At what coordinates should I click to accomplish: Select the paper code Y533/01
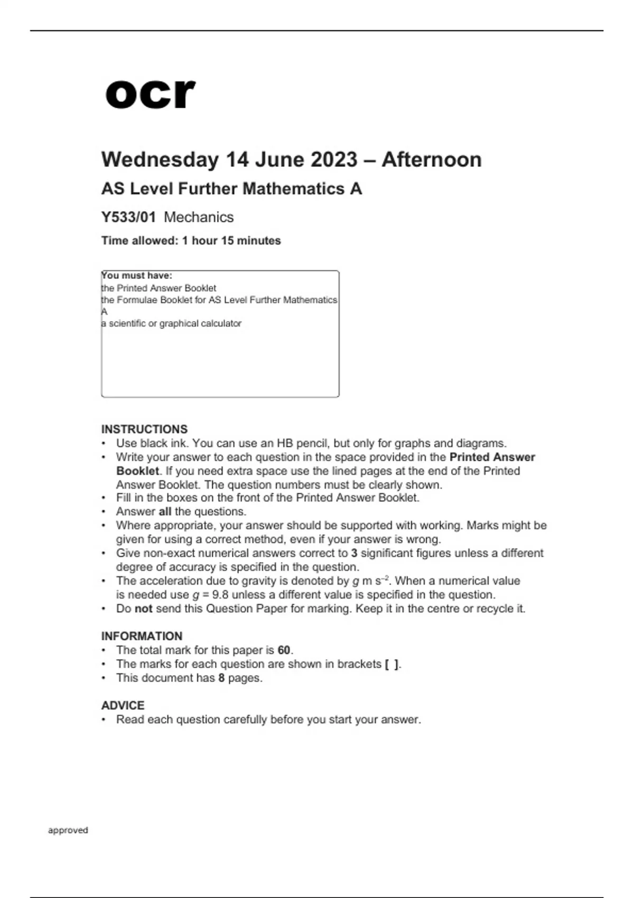coord(128,217)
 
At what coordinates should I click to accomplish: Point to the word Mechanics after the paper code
coord(199,217)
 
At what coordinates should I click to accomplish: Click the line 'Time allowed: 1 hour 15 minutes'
coord(191,241)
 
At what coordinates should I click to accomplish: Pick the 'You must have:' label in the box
coord(137,276)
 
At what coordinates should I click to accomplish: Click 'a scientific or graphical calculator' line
coord(171,323)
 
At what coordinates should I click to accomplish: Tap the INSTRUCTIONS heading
coord(144,429)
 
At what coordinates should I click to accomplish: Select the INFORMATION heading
coord(142,636)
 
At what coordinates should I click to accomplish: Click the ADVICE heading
coord(123,705)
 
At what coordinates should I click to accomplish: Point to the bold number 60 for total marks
coord(284,650)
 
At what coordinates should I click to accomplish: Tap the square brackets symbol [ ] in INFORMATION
coord(391,664)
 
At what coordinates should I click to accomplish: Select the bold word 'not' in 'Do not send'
coord(143,609)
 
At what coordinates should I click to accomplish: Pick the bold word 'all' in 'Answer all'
coord(165,511)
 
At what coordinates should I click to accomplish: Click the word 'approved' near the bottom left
coord(68,830)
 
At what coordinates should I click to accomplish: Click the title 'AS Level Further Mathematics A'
coord(231,189)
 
